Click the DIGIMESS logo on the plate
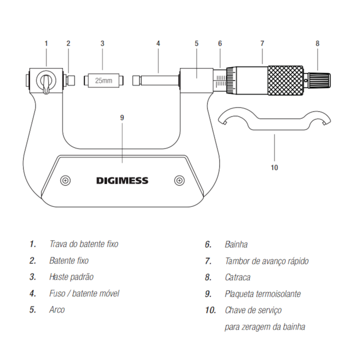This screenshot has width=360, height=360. (x=122, y=181)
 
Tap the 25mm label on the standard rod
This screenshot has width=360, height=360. (x=102, y=81)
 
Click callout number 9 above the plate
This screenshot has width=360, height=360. (x=122, y=117)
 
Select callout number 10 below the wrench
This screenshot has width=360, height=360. (x=274, y=167)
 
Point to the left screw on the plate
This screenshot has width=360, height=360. (x=66, y=181)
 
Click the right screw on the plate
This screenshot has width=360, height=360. (x=179, y=181)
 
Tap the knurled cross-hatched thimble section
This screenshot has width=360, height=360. (x=286, y=81)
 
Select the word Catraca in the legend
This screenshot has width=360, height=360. (x=238, y=277)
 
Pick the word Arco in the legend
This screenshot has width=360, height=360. (x=57, y=310)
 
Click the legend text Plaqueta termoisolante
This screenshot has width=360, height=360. (x=263, y=294)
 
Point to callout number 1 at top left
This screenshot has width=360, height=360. (x=47, y=43)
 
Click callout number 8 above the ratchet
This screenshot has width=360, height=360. (x=317, y=43)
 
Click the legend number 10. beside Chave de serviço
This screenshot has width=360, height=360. (x=210, y=310)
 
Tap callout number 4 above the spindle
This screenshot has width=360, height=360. (x=158, y=43)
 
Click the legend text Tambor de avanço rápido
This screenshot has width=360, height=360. (x=266, y=261)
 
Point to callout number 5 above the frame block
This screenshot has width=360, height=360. (x=197, y=43)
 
